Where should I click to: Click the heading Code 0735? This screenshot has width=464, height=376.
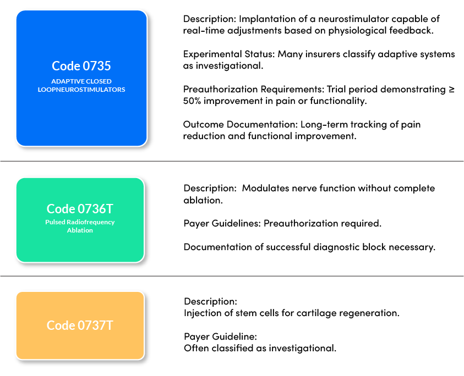pos(81,66)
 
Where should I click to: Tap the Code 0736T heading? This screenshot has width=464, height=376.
pos(80,209)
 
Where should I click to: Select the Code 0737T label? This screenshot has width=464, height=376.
pos(80,325)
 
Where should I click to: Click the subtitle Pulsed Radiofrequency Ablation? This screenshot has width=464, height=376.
pos(80,226)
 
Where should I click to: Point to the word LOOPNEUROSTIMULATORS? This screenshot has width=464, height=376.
pos(81,89)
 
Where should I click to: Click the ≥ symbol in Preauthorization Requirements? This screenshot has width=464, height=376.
pos(451,90)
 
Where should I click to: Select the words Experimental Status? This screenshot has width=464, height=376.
pos(227,54)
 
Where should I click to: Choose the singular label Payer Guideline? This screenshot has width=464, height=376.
pos(220,336)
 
